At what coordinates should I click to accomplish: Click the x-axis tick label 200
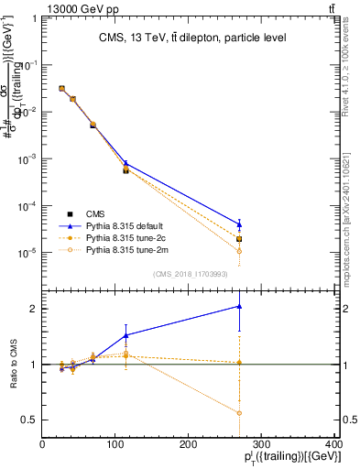click(x=189, y=445)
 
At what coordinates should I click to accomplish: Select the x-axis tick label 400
click(x=334, y=445)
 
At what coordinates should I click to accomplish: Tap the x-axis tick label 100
click(x=115, y=445)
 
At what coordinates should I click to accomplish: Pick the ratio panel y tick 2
click(x=33, y=309)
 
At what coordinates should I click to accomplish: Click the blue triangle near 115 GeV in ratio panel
click(x=125, y=335)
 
